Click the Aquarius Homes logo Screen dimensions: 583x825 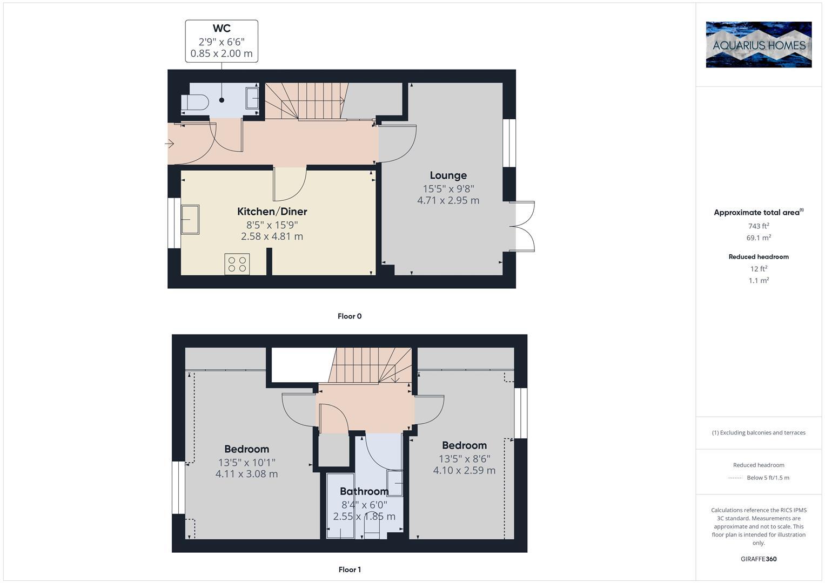759,45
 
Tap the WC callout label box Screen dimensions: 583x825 222,42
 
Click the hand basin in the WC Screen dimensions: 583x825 252,99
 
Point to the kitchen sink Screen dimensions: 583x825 190,220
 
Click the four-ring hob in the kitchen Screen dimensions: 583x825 237,264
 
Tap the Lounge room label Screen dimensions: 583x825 448,175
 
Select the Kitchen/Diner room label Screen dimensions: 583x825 272,212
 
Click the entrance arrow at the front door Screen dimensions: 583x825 169,144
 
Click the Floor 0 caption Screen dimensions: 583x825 350,316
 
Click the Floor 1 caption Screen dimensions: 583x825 350,570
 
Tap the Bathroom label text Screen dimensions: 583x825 364,491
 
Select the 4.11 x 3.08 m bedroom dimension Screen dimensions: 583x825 246,474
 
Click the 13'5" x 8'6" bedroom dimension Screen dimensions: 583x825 464,459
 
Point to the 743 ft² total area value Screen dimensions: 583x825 759,226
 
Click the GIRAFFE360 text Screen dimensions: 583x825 759,559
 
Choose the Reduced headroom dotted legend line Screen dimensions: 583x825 735,478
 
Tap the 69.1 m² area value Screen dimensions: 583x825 759,238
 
